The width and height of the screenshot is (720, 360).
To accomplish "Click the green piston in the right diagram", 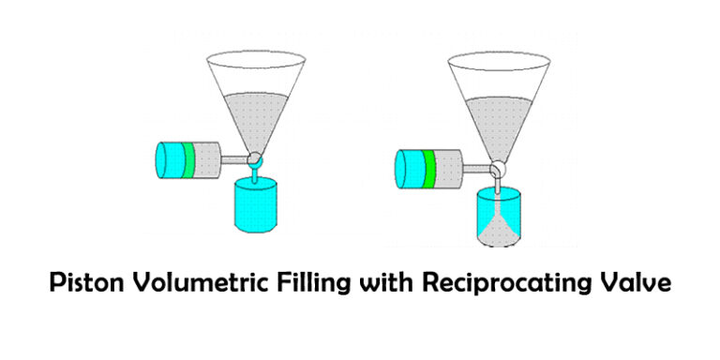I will click(x=429, y=167).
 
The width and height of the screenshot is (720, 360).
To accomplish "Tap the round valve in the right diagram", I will click(x=499, y=168).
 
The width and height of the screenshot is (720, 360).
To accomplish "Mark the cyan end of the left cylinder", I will click(x=169, y=158).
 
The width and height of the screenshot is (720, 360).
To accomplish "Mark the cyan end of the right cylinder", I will click(x=409, y=167).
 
